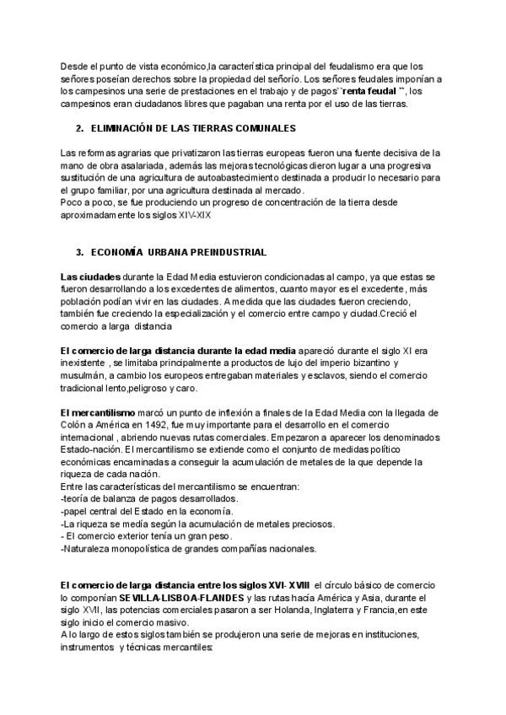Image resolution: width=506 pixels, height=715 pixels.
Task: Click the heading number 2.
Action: [78, 128]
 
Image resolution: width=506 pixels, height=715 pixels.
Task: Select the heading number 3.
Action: [78, 252]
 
